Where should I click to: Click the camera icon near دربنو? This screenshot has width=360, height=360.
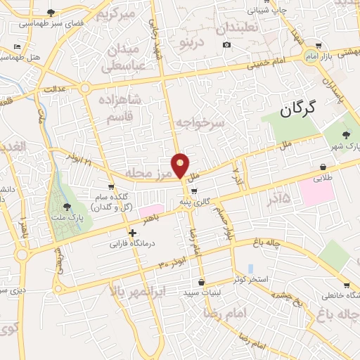tap(226, 44)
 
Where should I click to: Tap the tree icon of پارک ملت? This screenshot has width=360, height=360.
tap(67, 206)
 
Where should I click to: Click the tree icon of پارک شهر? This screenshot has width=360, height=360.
tap(346, 135)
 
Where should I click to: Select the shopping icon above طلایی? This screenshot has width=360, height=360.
tap(323, 167)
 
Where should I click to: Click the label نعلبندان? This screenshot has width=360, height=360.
tap(242, 29)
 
